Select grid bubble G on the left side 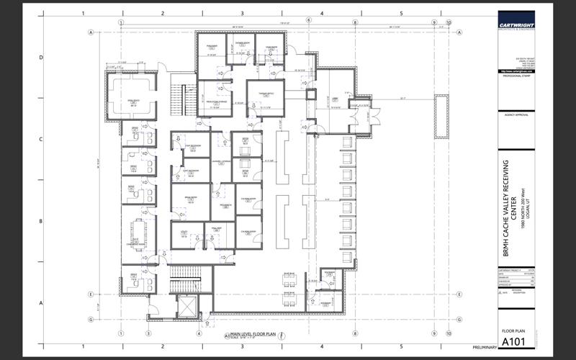point(91,318)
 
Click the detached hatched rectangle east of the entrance point(439,116)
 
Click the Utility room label point(184,232)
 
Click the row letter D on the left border point(42,58)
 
